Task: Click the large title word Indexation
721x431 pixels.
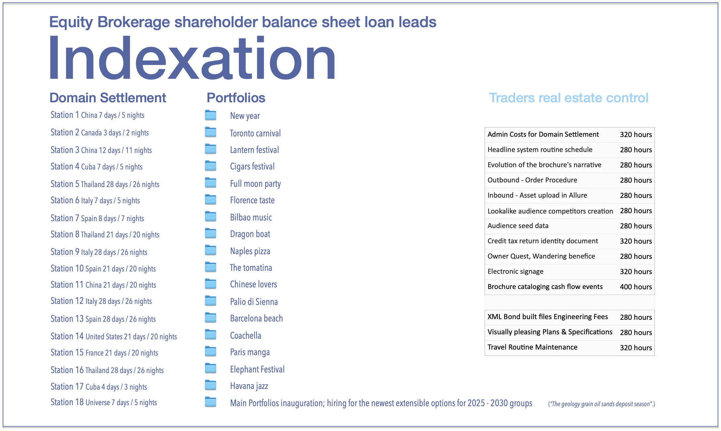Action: pos(192,58)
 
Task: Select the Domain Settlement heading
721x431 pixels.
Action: pos(108,98)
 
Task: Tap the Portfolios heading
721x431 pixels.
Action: pos(236,98)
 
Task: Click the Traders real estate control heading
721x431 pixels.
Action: pos(568,98)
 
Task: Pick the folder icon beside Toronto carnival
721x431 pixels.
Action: pos(211,132)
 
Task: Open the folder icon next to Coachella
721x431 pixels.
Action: pos(211,335)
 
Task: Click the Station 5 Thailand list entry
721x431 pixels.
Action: pos(105,184)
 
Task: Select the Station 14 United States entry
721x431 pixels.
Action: pos(114,336)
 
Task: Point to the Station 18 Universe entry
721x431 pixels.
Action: pos(104,403)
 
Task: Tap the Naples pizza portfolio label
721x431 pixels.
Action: pos(250,251)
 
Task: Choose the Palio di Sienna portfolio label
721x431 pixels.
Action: pos(254,302)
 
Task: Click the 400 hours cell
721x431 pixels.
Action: pos(636,287)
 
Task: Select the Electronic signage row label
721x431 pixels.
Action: pos(515,271)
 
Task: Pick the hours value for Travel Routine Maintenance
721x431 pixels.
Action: pos(636,348)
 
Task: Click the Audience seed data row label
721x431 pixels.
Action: pos(518,226)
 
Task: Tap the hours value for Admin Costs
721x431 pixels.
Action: pos(636,134)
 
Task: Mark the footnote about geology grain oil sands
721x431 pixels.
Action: pos(601,404)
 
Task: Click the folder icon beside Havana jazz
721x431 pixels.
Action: pos(211,385)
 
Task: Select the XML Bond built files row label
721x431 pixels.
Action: pos(548,317)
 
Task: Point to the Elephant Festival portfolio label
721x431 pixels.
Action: pos(257,369)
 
